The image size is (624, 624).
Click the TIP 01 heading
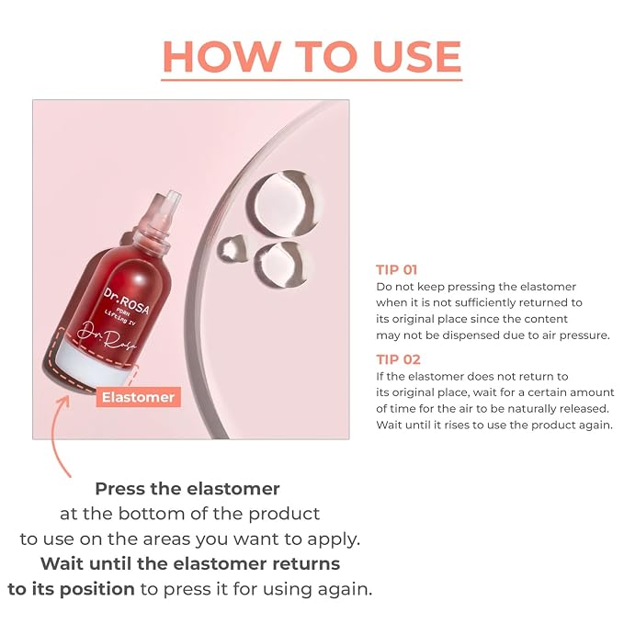pos(396,270)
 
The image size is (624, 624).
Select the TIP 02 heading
pos(398,359)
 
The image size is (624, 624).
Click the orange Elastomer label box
pos(138,397)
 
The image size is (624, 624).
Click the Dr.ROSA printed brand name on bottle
pos(127,301)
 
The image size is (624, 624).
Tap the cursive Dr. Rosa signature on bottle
pos(107,337)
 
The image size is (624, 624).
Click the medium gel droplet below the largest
pos(279,264)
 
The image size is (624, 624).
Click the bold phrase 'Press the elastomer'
pos(187,489)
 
